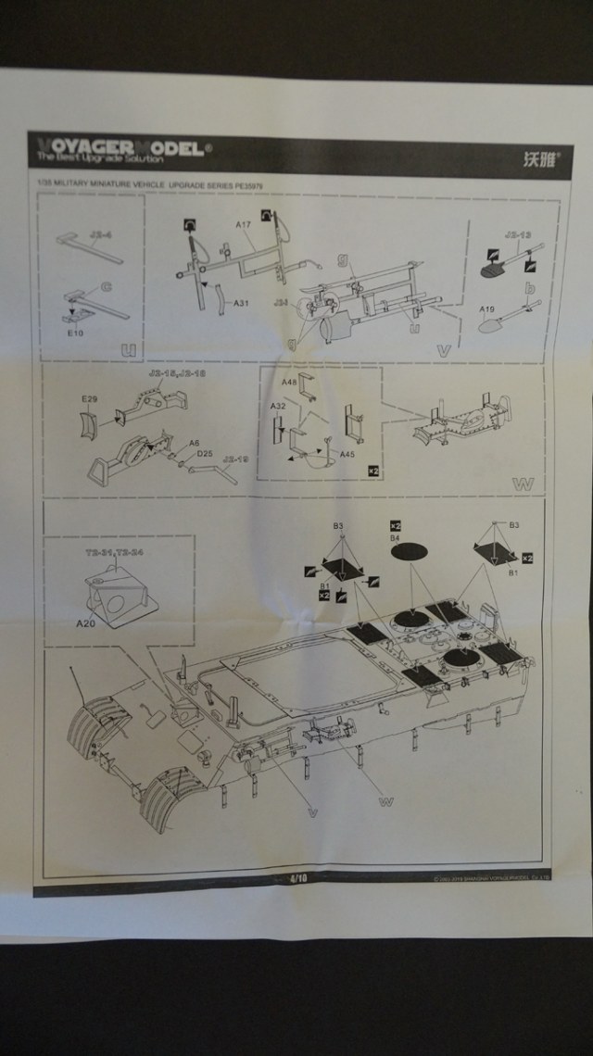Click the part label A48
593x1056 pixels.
coord(289,383)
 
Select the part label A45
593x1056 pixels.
coord(347,454)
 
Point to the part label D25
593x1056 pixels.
coord(206,454)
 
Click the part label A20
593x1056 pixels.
coord(88,623)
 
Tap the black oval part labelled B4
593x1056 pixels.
coord(410,552)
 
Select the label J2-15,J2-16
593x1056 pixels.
coord(173,373)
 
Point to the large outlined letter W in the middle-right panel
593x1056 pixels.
coord(523,484)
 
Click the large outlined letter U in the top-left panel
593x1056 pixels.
coord(130,348)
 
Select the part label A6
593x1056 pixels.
coord(195,444)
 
